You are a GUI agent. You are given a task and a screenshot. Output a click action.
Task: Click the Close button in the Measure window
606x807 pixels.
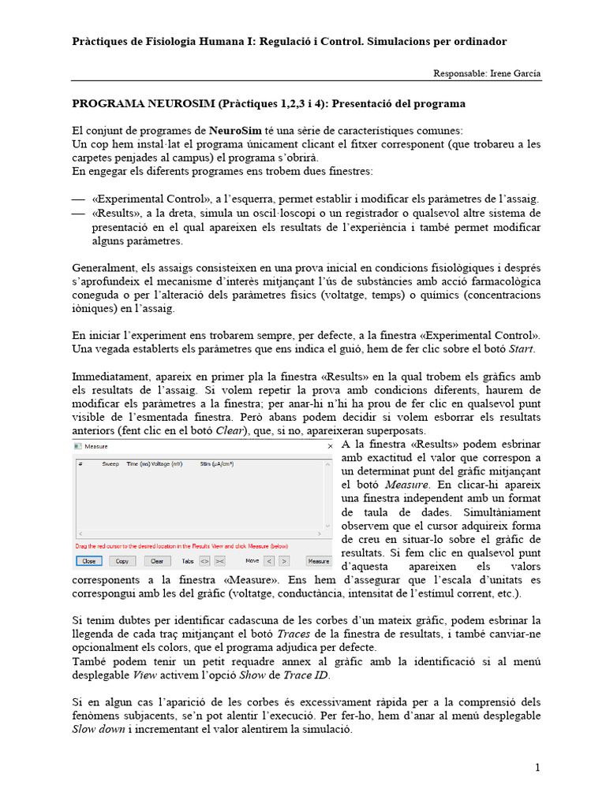click(88, 561)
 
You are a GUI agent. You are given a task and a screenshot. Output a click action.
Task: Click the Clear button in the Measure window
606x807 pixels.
click(157, 561)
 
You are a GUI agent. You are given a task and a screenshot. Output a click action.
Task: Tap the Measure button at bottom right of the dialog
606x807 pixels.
click(319, 561)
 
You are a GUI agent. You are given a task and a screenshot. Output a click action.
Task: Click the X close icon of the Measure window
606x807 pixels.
click(329, 446)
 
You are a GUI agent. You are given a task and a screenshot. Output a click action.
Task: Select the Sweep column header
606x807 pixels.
click(110, 464)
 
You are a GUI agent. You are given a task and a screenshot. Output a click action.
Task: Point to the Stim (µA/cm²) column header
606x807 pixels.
click(217, 464)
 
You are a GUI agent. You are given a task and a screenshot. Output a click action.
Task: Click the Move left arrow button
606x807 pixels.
click(269, 561)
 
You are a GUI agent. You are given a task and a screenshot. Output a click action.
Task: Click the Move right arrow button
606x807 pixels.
click(284, 561)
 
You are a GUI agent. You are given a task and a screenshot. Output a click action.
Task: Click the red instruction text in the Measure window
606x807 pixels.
click(181, 545)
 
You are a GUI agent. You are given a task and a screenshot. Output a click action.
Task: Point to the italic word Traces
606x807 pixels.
click(294, 634)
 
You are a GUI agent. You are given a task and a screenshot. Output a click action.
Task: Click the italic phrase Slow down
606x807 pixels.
click(93, 730)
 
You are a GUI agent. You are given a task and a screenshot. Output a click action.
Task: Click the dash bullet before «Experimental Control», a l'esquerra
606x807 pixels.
click(77, 199)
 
